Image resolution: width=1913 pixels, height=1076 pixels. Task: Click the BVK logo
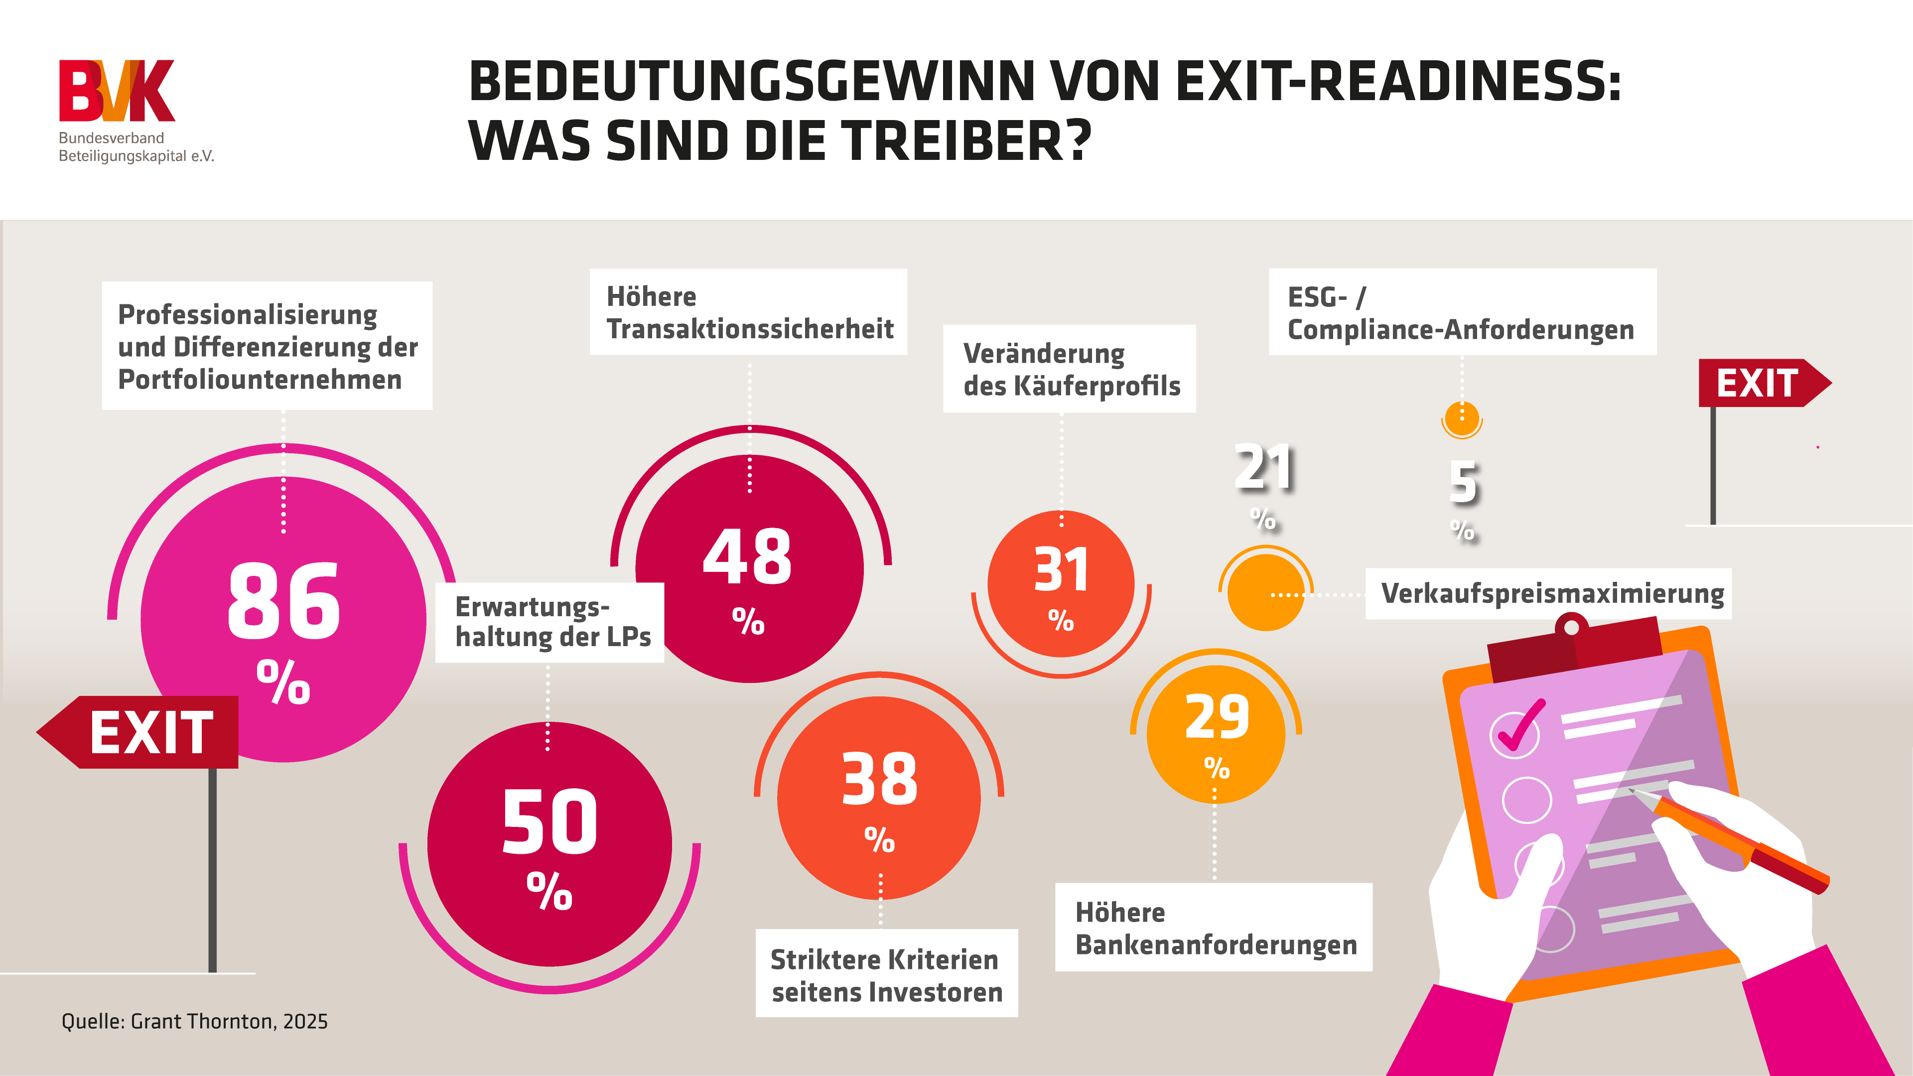[118, 91]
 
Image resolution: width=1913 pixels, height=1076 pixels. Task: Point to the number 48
[748, 556]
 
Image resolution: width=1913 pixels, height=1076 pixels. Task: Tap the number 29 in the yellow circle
[1217, 717]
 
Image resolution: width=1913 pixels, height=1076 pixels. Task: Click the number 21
[1264, 468]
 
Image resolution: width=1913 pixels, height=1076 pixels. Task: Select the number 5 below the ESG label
[1464, 483]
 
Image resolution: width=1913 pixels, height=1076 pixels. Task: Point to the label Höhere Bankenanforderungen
[1215, 928]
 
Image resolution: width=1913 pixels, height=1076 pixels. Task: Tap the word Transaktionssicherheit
[750, 329]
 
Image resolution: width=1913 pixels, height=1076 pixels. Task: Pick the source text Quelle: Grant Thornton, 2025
[195, 1022]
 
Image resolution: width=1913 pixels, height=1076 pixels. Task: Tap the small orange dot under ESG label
[1462, 417]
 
